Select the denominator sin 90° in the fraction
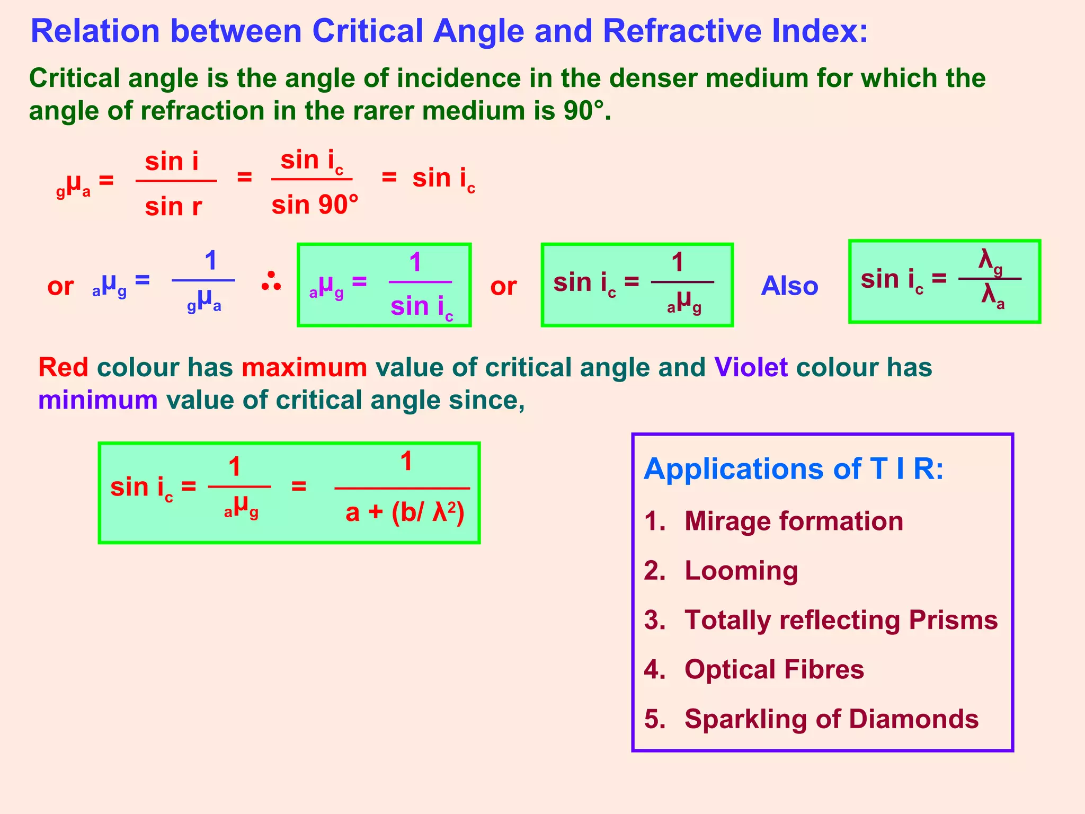tap(315, 205)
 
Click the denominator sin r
tap(173, 206)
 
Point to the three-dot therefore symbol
tap(271, 282)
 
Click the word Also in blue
tap(789, 286)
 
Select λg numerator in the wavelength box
tap(990, 261)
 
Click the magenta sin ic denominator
tap(422, 307)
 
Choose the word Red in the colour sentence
tap(63, 367)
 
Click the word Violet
tap(751, 367)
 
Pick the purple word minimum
tap(98, 400)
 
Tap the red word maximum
tap(304, 367)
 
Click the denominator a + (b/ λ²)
tap(405, 512)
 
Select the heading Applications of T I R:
tap(794, 469)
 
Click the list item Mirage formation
tap(793, 521)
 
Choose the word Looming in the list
tap(741, 571)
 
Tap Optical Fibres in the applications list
tap(773, 669)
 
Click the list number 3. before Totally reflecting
tap(654, 620)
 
